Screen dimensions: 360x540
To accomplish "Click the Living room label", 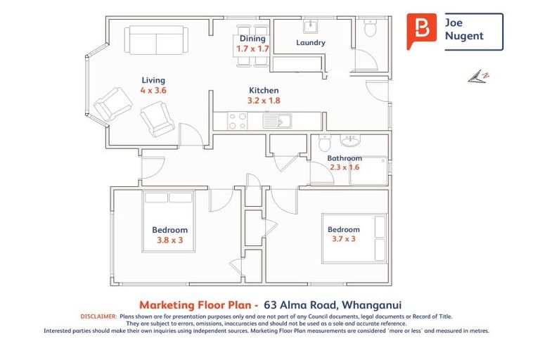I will pyautogui.click(x=153, y=80).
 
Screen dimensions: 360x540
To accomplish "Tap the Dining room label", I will pyautogui.click(x=252, y=39).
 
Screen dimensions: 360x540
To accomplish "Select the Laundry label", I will pyautogui.click(x=311, y=43).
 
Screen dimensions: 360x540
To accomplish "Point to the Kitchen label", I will pyautogui.click(x=264, y=90).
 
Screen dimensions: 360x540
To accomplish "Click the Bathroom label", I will pyautogui.click(x=344, y=158).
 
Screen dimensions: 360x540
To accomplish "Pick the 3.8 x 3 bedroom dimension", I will pyautogui.click(x=169, y=240).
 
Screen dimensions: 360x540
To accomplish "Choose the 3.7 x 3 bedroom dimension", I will pyautogui.click(x=344, y=239).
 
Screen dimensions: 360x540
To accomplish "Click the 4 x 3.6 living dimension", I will pyautogui.click(x=153, y=91).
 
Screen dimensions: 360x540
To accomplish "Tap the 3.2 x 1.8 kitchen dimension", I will pyautogui.click(x=264, y=101).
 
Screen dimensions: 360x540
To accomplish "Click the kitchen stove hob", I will pyautogui.click(x=238, y=122).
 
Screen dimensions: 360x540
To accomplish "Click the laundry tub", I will pyautogui.click(x=310, y=27).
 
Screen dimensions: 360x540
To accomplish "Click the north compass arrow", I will pyautogui.click(x=478, y=75).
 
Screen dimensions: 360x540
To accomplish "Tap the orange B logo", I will pyautogui.click(x=421, y=30).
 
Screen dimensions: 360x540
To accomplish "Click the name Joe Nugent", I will pyautogui.click(x=464, y=30).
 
